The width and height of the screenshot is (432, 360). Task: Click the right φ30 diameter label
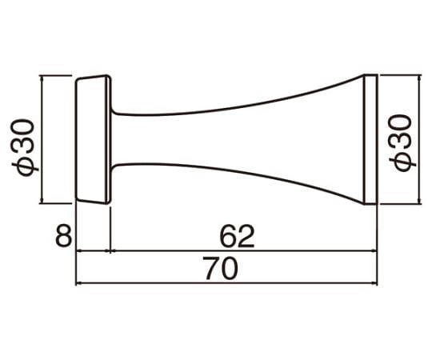[x=402, y=143]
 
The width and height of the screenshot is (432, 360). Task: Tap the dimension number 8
[x=63, y=235]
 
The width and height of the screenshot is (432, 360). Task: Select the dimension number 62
[x=237, y=236]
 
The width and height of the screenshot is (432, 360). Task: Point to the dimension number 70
[x=221, y=268]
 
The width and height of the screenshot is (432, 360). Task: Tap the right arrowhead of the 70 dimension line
[x=374, y=283]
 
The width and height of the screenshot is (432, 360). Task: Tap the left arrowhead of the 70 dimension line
[x=79, y=283]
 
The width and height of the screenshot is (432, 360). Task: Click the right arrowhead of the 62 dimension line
[x=374, y=250]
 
